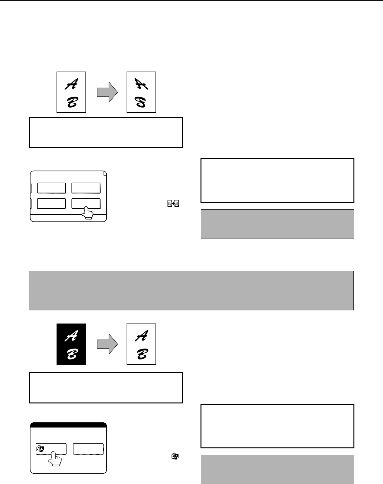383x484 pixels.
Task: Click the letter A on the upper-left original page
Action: click(72, 84)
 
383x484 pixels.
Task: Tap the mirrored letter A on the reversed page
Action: click(141, 84)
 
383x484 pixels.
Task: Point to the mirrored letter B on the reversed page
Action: click(141, 102)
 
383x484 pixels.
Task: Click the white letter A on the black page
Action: click(72, 336)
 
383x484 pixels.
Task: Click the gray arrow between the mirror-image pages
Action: click(107, 92)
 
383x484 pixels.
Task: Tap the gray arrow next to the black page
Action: click(107, 344)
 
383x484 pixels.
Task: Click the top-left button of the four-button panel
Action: click(51, 188)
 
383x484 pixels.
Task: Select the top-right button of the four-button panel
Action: click(86, 188)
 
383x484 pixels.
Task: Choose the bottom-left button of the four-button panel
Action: click(51, 203)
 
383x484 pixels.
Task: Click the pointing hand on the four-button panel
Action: click(88, 213)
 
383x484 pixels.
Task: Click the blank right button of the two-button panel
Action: click(88, 449)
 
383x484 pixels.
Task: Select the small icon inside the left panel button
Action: click(40, 449)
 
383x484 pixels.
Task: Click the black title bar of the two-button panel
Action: click(68, 425)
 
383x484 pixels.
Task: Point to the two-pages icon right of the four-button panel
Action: click(173, 203)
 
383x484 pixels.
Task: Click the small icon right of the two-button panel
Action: click(175, 456)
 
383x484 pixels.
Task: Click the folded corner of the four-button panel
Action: click(105, 173)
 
